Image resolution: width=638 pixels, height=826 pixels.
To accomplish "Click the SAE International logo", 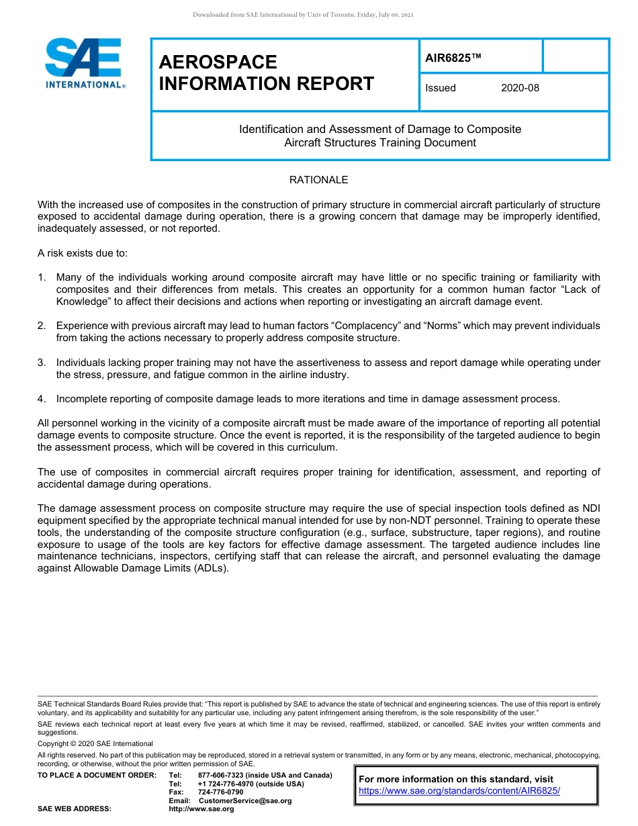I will (x=85, y=63).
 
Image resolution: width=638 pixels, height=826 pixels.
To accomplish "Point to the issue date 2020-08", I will (x=520, y=88).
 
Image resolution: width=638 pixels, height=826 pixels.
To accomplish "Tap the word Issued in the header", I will (x=441, y=88).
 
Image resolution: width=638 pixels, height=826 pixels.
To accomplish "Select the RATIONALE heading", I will (x=318, y=180).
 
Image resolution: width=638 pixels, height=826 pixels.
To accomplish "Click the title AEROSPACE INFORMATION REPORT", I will (x=266, y=73).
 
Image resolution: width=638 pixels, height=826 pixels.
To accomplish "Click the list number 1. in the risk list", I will (x=42, y=277).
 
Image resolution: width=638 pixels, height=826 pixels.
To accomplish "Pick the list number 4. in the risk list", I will (x=42, y=399).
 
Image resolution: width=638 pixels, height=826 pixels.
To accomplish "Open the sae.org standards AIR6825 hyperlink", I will (x=459, y=790).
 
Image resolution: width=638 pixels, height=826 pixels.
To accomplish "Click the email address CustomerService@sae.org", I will (x=245, y=800).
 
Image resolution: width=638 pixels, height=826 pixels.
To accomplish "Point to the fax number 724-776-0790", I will (x=220, y=792).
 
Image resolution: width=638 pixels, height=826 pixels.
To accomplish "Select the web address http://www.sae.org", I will (x=201, y=809).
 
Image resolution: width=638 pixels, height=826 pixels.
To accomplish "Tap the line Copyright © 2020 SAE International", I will (x=95, y=743).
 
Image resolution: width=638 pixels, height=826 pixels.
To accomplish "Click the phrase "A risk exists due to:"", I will (x=82, y=253).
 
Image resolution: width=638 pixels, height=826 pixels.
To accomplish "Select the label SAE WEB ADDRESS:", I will (x=75, y=809).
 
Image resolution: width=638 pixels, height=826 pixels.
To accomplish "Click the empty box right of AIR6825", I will (x=575, y=56).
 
